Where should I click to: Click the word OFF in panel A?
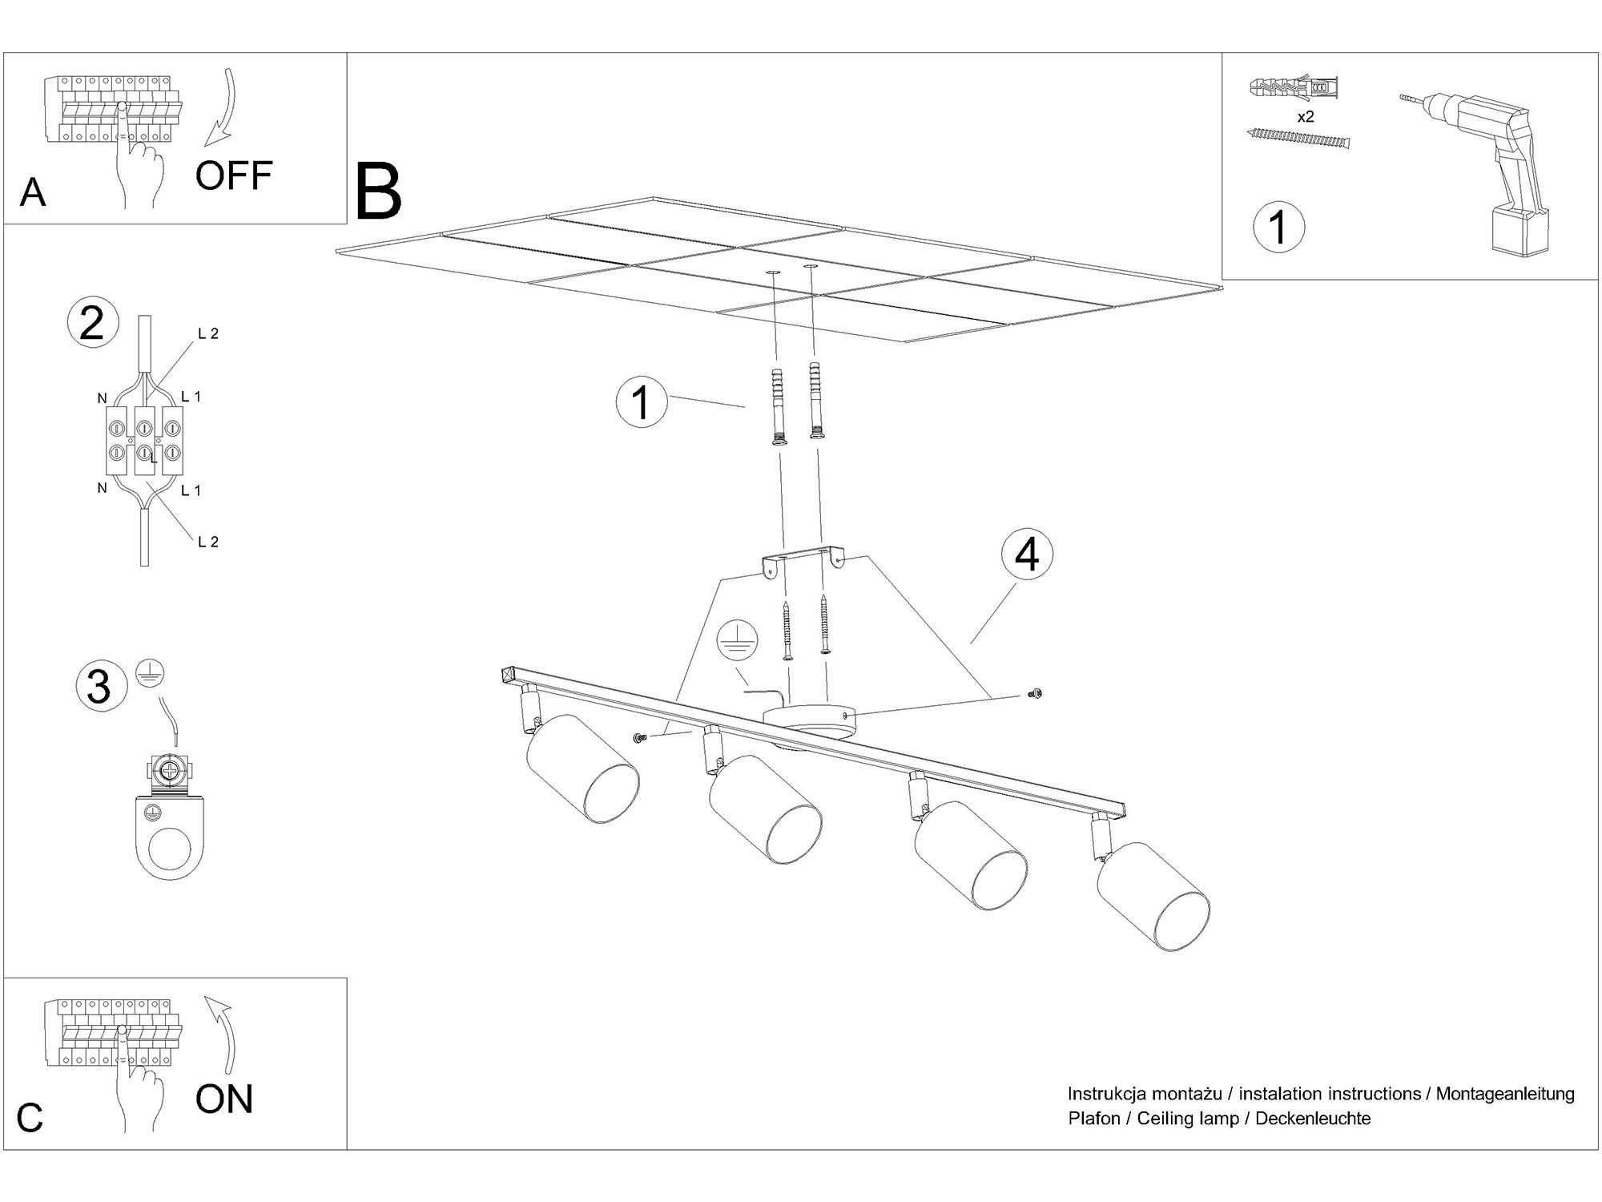(x=234, y=175)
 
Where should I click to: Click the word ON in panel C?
(x=224, y=1099)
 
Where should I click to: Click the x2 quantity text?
(x=1306, y=117)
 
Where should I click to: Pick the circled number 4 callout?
(x=1027, y=555)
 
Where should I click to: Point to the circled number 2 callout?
(x=93, y=324)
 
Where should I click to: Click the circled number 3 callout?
(x=101, y=686)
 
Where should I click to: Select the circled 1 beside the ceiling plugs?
(x=642, y=401)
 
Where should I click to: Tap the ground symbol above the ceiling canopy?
(x=737, y=641)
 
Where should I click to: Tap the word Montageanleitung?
(x=1505, y=1094)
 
